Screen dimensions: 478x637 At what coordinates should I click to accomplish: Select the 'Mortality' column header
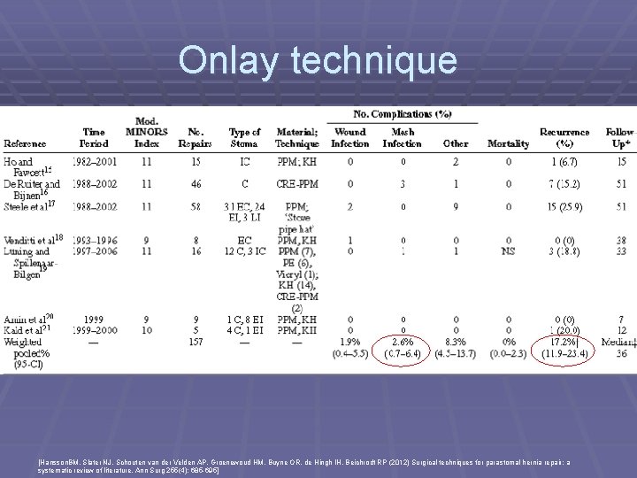pos(509,143)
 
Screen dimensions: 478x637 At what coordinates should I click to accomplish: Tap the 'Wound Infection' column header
pos(350,137)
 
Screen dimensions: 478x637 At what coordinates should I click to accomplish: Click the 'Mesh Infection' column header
pos(403,137)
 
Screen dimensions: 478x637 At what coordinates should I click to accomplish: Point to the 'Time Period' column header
pos(95,137)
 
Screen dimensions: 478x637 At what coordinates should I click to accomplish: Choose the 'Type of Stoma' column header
pos(243,137)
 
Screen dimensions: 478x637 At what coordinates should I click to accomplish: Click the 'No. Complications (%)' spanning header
pos(403,114)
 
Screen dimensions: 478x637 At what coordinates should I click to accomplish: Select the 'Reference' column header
pos(26,143)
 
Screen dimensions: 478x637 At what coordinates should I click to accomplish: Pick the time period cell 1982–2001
pos(95,162)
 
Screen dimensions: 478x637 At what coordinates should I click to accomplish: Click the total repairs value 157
pos(196,341)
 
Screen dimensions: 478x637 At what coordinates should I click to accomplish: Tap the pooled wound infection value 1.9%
pos(350,341)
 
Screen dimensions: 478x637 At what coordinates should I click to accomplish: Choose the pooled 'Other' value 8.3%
pos(456,341)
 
